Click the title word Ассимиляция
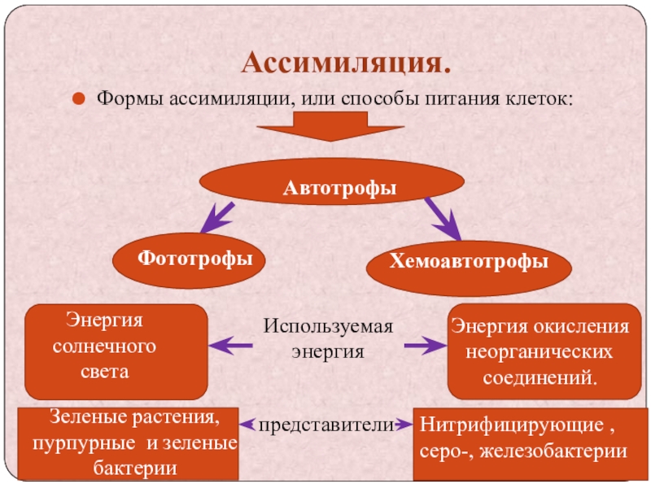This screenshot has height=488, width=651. (345, 63)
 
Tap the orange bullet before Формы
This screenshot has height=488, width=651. (80, 99)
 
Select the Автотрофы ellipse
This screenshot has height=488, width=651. (339, 189)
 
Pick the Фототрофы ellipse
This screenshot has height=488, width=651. (194, 259)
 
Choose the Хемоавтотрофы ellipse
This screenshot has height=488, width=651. (468, 262)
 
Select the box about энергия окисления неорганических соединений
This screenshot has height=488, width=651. (540, 351)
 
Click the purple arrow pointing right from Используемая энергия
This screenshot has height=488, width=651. (422, 346)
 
